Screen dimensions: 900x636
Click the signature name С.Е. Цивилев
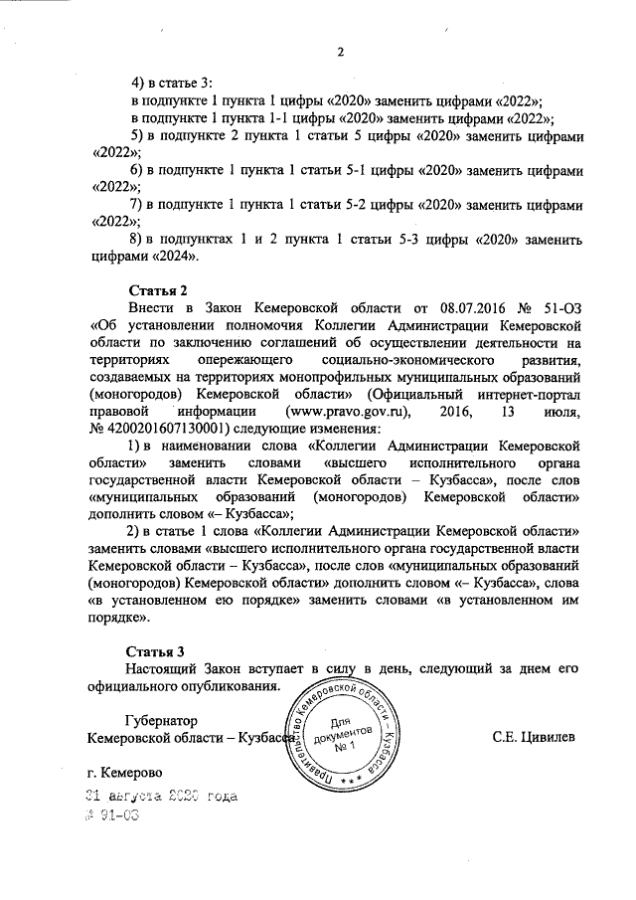pos(534,737)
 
